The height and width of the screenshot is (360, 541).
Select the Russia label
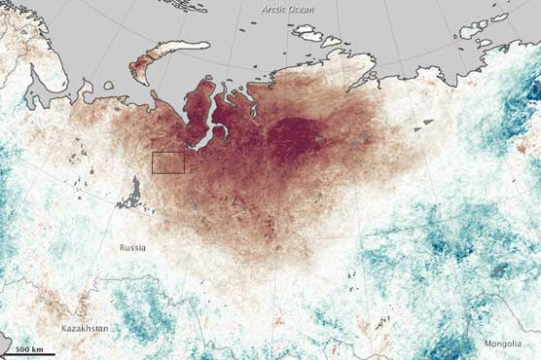(132, 247)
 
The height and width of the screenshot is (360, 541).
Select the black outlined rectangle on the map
(168, 162)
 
